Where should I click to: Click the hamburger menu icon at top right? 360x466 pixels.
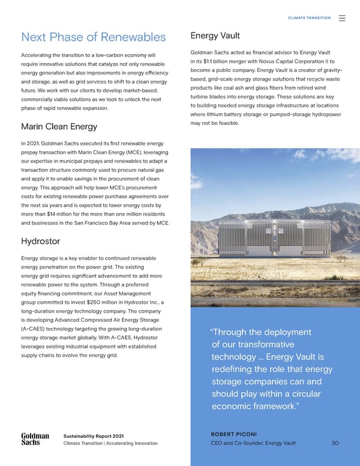[342, 18]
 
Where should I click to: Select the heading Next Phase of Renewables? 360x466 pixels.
[93, 37]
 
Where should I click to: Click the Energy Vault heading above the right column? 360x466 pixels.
[216, 35]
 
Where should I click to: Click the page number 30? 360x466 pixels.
[335, 443]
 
